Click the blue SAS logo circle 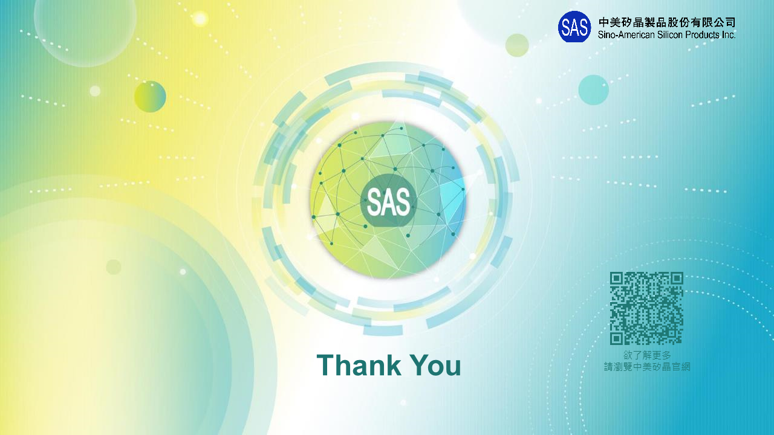(574, 27)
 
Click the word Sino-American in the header (626, 35)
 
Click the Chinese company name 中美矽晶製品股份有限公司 (667, 22)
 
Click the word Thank (359, 365)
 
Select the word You (436, 365)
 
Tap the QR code (646, 308)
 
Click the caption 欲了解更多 (647, 355)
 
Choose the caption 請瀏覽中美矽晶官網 (647, 367)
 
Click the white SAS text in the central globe (388, 202)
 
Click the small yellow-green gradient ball (150, 97)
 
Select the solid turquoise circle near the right (594, 90)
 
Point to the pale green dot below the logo (517, 45)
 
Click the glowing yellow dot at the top (200, 19)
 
